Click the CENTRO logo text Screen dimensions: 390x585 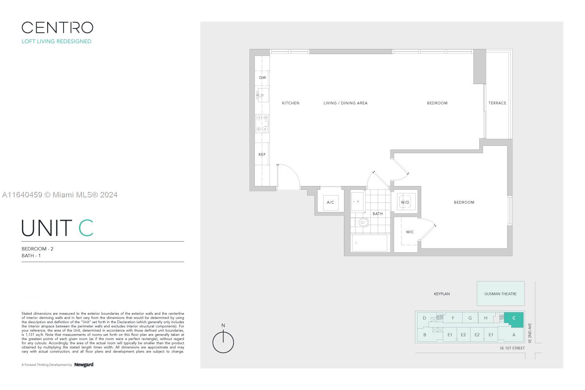pyautogui.click(x=57, y=28)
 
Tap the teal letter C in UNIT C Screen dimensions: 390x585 pyautogui.click(x=86, y=228)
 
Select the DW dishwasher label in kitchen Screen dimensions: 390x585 pyautogui.click(x=263, y=77)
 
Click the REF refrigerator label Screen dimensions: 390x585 pyautogui.click(x=262, y=154)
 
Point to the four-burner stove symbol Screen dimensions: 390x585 pyautogui.click(x=262, y=123)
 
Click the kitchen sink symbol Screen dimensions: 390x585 pyautogui.click(x=263, y=95)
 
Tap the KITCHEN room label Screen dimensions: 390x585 pyautogui.click(x=291, y=103)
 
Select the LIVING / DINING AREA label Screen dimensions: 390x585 pyautogui.click(x=345, y=103)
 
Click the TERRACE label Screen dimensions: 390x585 pyautogui.click(x=497, y=103)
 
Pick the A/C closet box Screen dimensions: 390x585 pyautogui.click(x=331, y=202)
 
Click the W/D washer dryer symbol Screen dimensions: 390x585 pyautogui.click(x=405, y=202)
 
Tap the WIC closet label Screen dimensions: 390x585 pyautogui.click(x=410, y=232)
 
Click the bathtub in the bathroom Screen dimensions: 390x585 pyautogui.click(x=369, y=243)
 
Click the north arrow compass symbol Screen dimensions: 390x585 pyautogui.click(x=223, y=342)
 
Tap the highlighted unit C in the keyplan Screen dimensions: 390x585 pyautogui.click(x=514, y=318)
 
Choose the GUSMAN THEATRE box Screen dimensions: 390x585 pyautogui.click(x=500, y=294)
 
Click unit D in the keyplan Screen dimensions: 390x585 pyautogui.click(x=424, y=318)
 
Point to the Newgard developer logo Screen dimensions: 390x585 pyautogui.click(x=84, y=364)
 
